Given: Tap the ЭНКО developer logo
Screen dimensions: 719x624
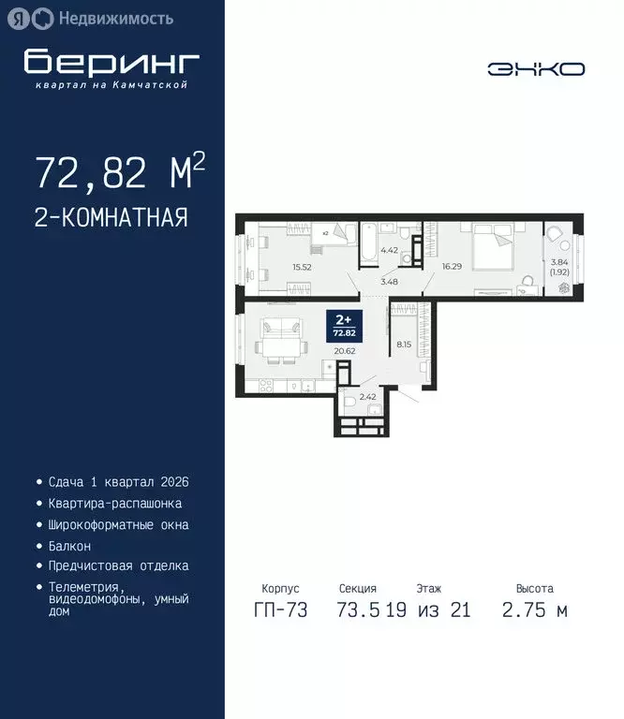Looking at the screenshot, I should (536, 68).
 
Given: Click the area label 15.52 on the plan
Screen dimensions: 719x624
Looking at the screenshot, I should (302, 267).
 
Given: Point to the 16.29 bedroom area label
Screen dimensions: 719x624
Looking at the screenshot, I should (452, 266).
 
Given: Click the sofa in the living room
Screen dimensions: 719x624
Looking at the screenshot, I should (280, 330).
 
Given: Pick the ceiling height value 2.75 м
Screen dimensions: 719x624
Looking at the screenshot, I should (534, 611).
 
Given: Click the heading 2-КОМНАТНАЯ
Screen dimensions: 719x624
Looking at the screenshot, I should (111, 217).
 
